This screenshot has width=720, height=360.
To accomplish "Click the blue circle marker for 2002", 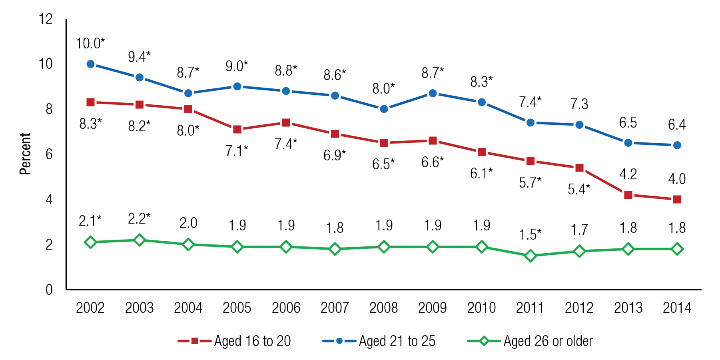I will tap(90, 64).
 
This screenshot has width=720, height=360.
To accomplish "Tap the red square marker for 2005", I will tap(237, 130).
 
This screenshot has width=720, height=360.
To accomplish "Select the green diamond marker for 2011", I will tap(531, 256).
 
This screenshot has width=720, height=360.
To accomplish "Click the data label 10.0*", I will tap(90, 43).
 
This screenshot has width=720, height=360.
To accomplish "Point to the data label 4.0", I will tap(677, 179).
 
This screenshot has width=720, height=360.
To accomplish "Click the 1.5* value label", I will tap(530, 234).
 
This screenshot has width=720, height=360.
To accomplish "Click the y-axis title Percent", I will tap(25, 154).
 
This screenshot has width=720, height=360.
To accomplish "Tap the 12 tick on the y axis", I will tap(46, 19).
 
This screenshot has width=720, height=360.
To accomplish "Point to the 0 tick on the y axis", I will tap(49, 290).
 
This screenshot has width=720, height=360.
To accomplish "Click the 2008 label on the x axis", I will tap(383, 308).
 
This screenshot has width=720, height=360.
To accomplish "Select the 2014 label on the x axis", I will tap(677, 308).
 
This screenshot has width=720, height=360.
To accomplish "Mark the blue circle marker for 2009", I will tap(433, 93).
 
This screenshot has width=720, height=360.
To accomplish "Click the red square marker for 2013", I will tap(628, 195).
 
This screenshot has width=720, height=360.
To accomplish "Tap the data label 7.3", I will tap(579, 104).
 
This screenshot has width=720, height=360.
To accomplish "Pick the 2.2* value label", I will tap(139, 218).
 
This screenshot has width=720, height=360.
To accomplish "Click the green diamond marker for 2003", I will tap(139, 240).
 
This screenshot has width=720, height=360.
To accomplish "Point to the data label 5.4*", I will tap(579, 189).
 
